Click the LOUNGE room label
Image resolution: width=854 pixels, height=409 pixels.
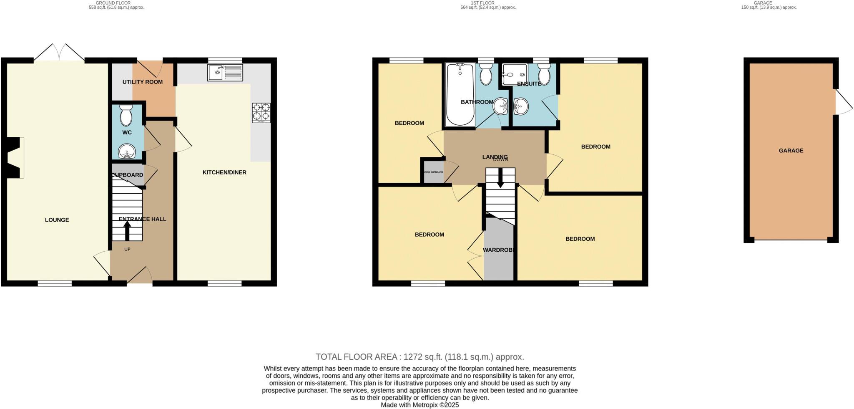[x=57, y=220]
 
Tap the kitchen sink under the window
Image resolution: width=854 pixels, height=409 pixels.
[x=225, y=73]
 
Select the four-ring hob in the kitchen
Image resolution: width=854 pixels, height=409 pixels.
[x=261, y=112]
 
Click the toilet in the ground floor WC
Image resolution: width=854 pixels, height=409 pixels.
[x=126, y=116]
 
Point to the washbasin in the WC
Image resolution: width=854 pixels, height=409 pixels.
[x=126, y=151]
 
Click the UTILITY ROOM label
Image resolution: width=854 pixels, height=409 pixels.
[x=142, y=82]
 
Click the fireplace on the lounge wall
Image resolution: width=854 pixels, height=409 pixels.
[x=17, y=157]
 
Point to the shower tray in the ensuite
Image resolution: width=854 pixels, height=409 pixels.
[x=515, y=74]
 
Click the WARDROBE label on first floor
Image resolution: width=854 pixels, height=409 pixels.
[x=499, y=250]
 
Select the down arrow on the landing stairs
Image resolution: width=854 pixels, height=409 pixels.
[x=500, y=178]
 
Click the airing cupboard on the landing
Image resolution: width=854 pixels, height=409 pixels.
[x=433, y=172]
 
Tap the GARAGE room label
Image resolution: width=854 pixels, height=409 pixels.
[x=791, y=151]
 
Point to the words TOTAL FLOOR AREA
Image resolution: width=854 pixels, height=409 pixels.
[x=357, y=357]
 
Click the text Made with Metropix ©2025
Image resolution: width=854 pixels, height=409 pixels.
[x=419, y=405]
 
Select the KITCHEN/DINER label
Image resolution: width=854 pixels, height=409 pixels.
[x=224, y=172]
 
